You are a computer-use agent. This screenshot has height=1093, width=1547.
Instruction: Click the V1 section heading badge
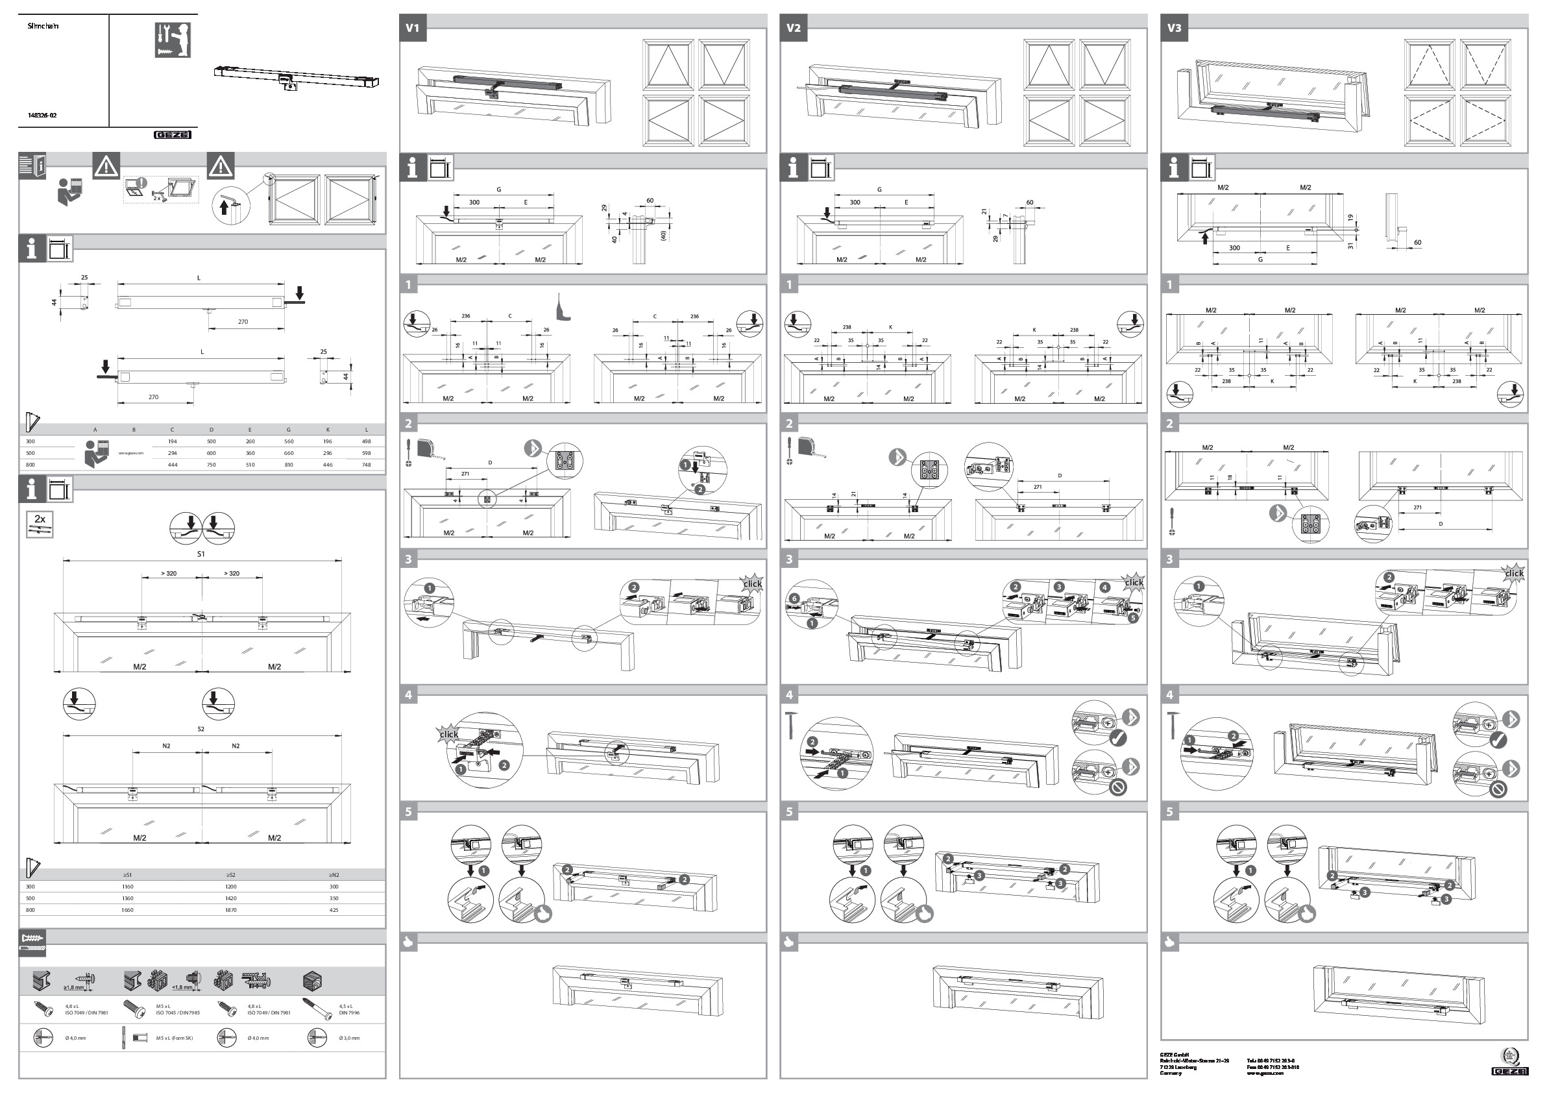click(412, 29)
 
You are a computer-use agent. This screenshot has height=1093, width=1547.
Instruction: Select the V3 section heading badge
click(1174, 29)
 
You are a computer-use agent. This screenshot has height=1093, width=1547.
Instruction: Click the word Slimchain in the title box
click(43, 25)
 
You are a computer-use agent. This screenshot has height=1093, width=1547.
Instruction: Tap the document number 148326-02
click(42, 116)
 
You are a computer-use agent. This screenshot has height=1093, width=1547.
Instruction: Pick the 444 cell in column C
click(173, 465)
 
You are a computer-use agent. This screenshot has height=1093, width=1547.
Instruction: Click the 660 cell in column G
click(288, 454)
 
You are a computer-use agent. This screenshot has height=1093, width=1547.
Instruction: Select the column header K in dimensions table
click(328, 430)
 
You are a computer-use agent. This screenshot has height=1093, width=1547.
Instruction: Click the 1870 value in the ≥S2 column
click(230, 910)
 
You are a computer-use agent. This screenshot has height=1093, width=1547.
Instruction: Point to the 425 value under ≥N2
click(334, 910)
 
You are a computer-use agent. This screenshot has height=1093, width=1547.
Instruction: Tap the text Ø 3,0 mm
click(349, 1038)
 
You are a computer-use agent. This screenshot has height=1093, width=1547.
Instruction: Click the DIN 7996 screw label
click(349, 1013)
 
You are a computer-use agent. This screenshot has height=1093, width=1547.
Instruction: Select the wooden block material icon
click(313, 981)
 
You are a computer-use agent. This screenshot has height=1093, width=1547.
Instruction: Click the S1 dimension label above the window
click(201, 554)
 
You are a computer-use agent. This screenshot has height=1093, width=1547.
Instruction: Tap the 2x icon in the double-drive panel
click(40, 524)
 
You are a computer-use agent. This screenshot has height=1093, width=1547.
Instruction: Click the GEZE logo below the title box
click(173, 135)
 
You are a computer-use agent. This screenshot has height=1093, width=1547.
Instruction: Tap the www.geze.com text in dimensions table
click(130, 454)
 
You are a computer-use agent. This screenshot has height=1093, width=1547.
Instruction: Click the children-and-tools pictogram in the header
click(173, 40)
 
